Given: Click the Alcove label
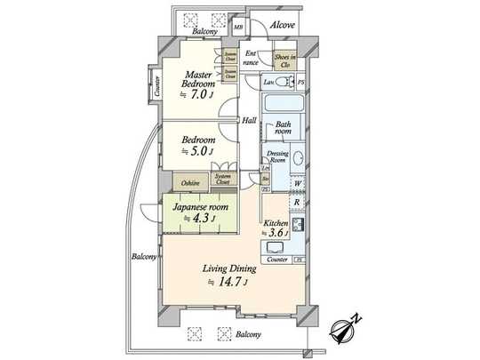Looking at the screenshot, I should point(283,25).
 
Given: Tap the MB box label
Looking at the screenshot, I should point(238,27).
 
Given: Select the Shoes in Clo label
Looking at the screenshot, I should point(284,62).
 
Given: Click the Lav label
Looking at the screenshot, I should point(268,82).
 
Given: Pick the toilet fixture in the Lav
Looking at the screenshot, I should point(286,83).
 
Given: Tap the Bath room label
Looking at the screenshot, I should point(282,128).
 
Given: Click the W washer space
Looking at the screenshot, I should point(297,185).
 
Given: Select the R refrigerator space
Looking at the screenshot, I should point(297,202).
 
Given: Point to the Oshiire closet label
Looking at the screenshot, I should point(190,182).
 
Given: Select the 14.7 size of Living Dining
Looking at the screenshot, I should point(233,283).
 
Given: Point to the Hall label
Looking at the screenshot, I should point(249,118).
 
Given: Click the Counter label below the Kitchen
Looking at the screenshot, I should point(276,260).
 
